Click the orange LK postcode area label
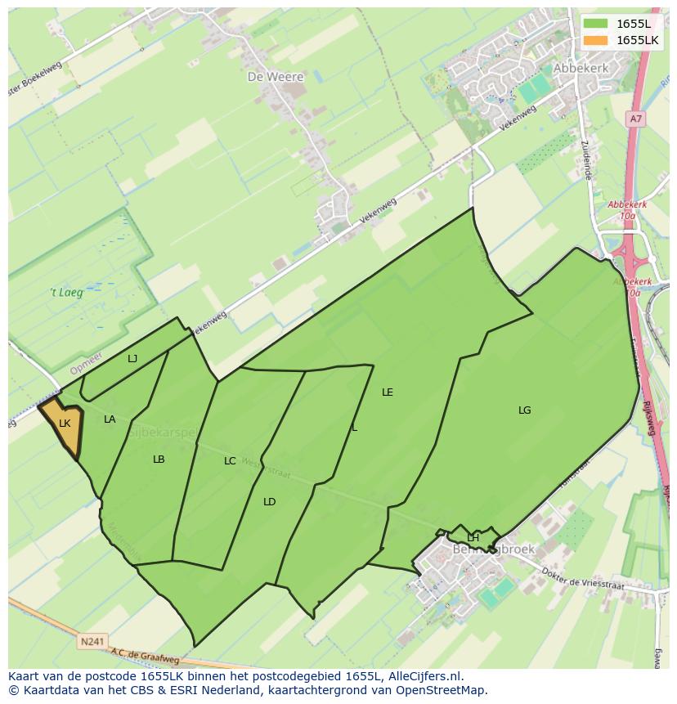click(x=65, y=423)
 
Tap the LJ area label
click(x=132, y=358)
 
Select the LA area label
click(x=110, y=419)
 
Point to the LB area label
click(x=159, y=460)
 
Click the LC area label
click(x=230, y=461)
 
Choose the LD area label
click(x=269, y=502)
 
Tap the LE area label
click(x=388, y=392)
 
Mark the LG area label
click(x=525, y=410)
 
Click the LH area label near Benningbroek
click(x=473, y=537)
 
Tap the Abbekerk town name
click(x=581, y=69)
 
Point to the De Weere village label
click(x=275, y=77)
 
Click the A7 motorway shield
click(x=635, y=119)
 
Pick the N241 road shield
click(x=92, y=642)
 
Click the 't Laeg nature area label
click(x=66, y=292)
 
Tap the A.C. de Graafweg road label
click(x=145, y=657)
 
